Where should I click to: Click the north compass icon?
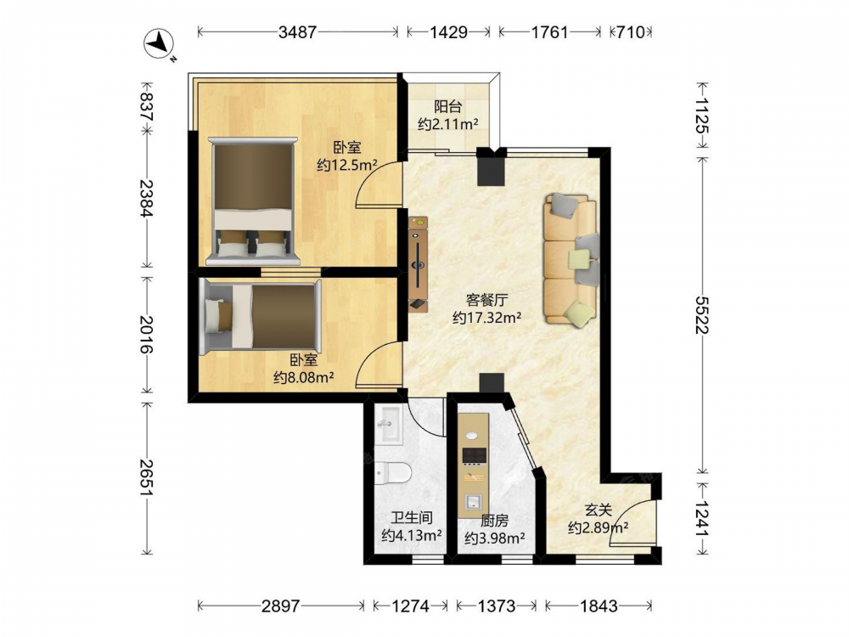[158, 42]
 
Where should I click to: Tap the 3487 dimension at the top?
[297, 32]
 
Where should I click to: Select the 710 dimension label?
[632, 32]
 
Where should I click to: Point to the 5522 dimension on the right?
[702, 315]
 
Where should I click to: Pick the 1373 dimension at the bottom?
[496, 605]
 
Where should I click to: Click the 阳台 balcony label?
[447, 106]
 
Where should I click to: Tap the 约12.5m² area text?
[347, 165]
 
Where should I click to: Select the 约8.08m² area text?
[304, 377]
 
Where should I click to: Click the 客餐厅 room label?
[486, 300]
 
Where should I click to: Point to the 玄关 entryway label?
[599, 510]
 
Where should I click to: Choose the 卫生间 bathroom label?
[412, 518]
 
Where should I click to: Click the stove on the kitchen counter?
[474, 456]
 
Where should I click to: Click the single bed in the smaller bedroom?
[260, 316]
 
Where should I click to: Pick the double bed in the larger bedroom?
[253, 201]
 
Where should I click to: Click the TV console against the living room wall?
[418, 264]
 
